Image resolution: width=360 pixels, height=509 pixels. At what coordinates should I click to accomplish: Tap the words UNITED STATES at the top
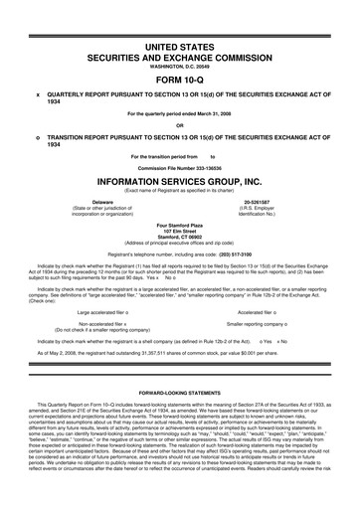[180, 48]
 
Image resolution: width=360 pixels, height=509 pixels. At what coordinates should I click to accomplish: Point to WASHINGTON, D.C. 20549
[180, 70]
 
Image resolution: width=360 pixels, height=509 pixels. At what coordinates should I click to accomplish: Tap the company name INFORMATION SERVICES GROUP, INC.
[180, 181]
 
